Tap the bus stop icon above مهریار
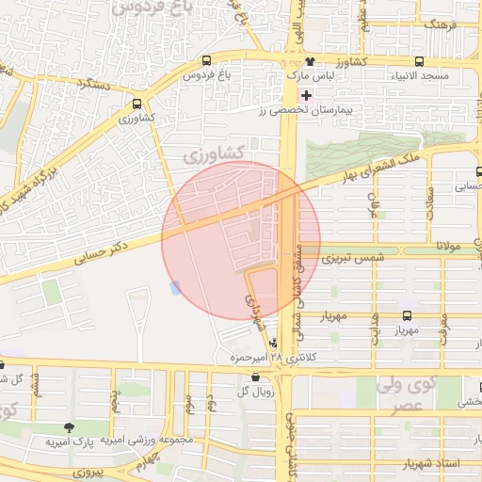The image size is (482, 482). (407, 316)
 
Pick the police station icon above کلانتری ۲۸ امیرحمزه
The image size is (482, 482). (273, 344)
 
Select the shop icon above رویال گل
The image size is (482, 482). (256, 378)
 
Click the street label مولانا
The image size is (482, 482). (441, 245)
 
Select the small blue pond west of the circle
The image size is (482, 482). (174, 286)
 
